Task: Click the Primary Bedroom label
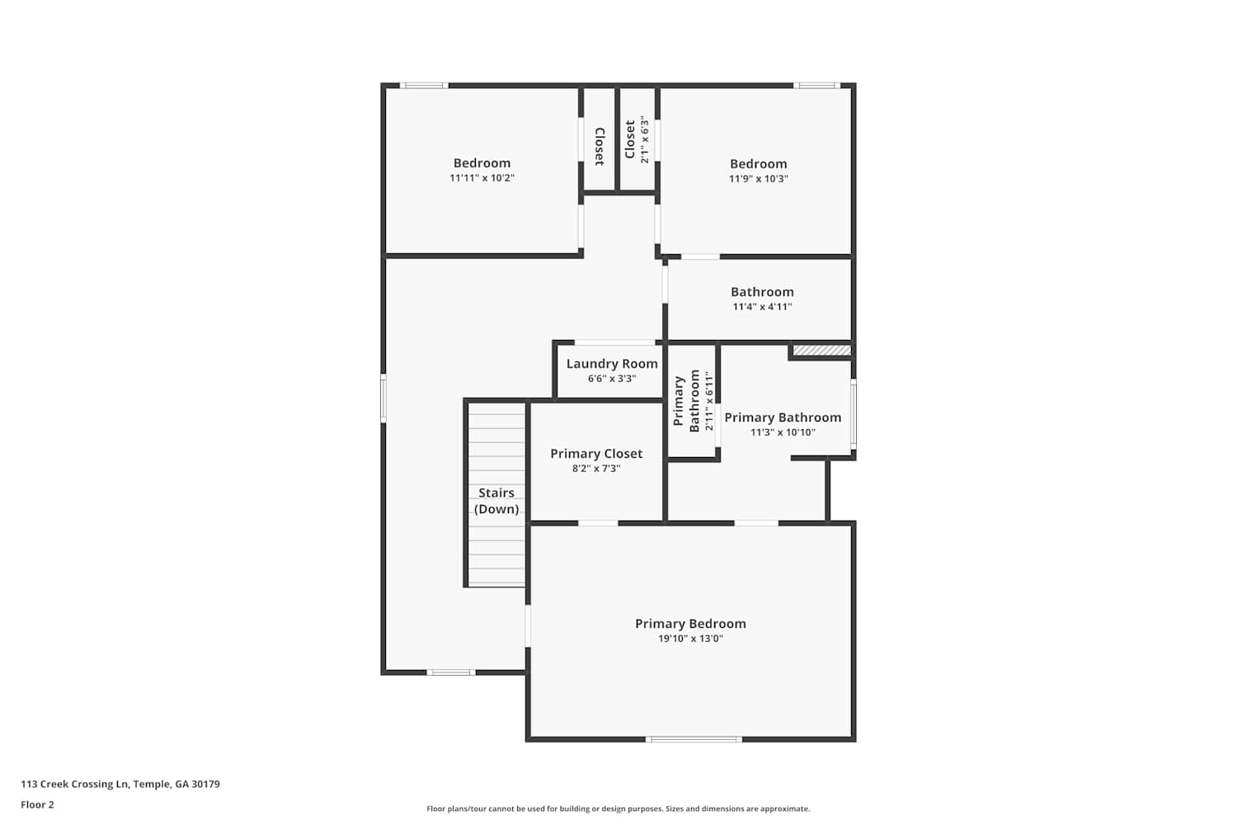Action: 690,624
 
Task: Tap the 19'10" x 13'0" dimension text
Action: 690,639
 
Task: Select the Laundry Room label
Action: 612,364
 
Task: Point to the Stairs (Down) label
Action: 496,501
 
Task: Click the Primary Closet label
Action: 596,454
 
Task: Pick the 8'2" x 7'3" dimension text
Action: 596,469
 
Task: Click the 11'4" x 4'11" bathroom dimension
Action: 762,307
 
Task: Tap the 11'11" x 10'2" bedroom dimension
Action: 482,178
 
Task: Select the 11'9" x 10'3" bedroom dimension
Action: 758,178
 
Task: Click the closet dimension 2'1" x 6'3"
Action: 644,139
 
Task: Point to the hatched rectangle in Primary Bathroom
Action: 822,351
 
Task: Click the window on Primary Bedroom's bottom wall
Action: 694,739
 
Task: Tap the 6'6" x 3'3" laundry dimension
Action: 612,379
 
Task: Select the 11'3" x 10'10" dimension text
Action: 783,432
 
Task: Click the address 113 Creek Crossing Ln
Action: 74,784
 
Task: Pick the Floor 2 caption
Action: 38,804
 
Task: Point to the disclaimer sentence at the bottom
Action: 618,808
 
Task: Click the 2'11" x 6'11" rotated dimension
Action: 709,401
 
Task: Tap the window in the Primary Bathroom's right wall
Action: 854,414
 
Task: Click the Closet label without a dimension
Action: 600,146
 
